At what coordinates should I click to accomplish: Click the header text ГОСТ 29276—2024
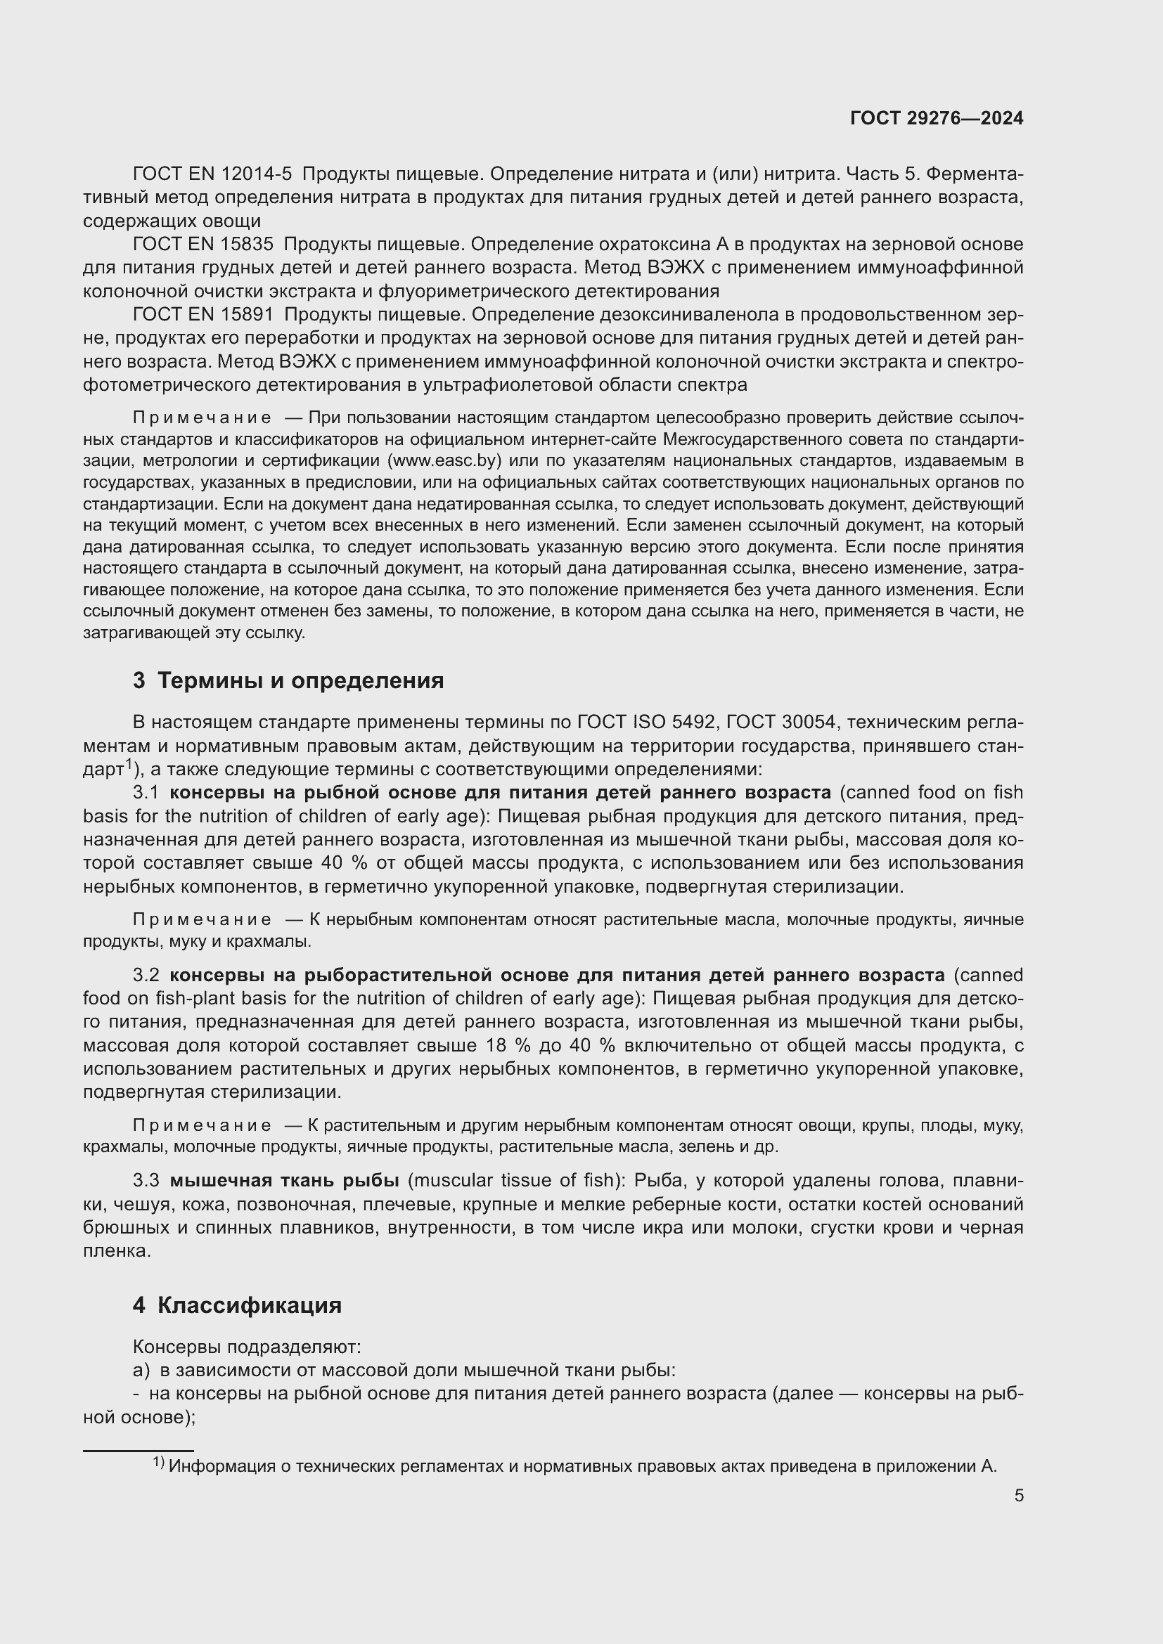pos(936,119)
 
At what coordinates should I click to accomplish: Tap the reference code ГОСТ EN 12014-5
pos(212,174)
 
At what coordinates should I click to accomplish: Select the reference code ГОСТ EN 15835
pos(203,244)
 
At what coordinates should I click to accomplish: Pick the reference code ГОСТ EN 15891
pos(203,314)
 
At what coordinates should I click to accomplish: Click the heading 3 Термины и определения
pos(288,680)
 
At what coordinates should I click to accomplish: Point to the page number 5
pos(1018,1496)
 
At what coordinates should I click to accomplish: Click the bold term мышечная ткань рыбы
pos(284,1181)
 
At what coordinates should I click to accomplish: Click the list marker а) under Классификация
pos(141,1370)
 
